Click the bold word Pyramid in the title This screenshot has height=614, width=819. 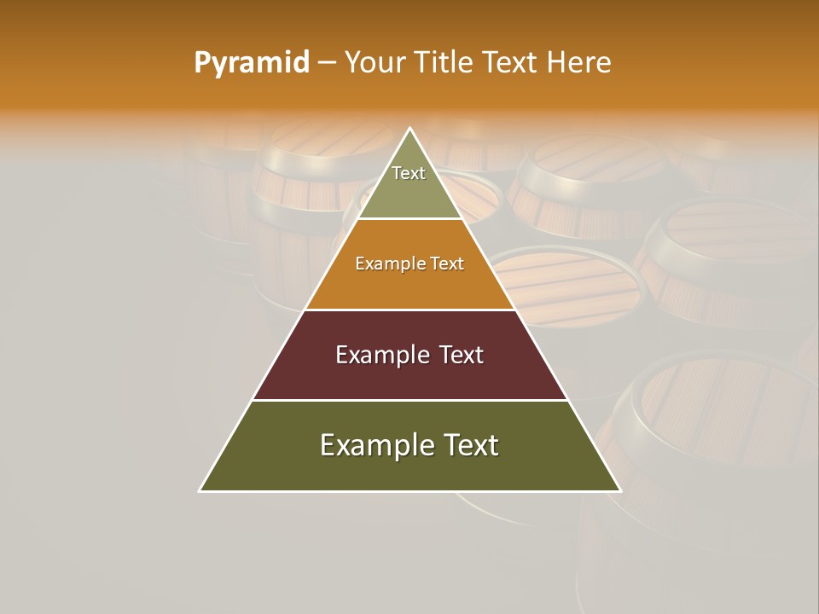click(x=252, y=62)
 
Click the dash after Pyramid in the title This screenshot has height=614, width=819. click(x=327, y=63)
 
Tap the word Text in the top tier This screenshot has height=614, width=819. click(x=409, y=173)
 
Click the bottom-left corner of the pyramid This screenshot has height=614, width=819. click(x=200, y=490)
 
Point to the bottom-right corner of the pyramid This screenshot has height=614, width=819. click(x=620, y=490)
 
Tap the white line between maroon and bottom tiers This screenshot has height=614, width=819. click(x=409, y=400)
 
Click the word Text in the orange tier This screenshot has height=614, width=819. click(x=447, y=264)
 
